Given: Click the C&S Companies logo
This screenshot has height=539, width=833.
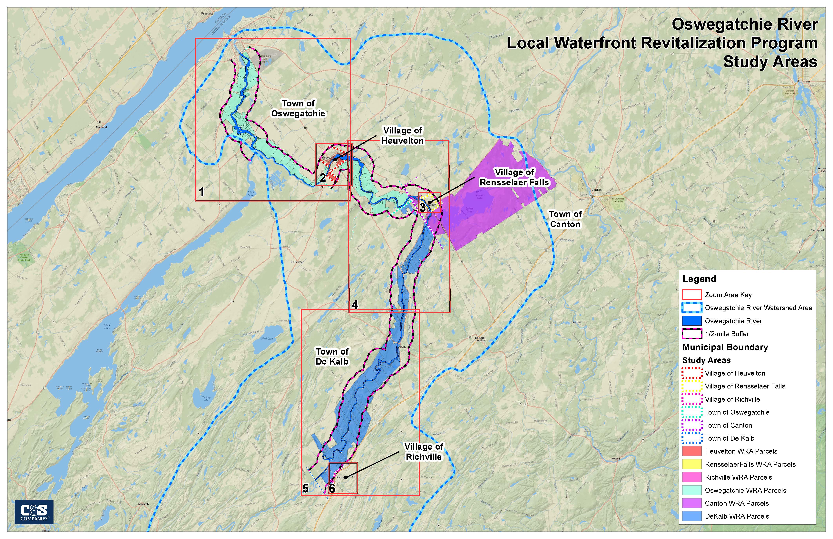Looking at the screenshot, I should pyautogui.click(x=34, y=512).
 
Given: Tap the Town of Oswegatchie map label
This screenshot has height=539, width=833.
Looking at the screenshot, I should pyautogui.click(x=298, y=109).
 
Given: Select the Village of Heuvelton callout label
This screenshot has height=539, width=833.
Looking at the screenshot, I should pyautogui.click(x=403, y=135).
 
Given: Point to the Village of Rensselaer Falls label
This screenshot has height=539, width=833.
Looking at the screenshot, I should pyautogui.click(x=514, y=177).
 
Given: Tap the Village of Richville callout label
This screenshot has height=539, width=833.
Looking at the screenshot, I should pyautogui.click(x=424, y=452).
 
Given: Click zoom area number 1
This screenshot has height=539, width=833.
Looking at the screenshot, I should pyautogui.click(x=202, y=192).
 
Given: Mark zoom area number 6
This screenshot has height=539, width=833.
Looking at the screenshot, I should pyautogui.click(x=332, y=488).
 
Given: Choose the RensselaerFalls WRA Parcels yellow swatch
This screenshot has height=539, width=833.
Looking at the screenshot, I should pyautogui.click(x=692, y=464).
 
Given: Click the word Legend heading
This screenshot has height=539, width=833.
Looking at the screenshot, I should pyautogui.click(x=699, y=279).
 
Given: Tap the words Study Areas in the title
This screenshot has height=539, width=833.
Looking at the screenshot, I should pyautogui.click(x=770, y=62).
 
